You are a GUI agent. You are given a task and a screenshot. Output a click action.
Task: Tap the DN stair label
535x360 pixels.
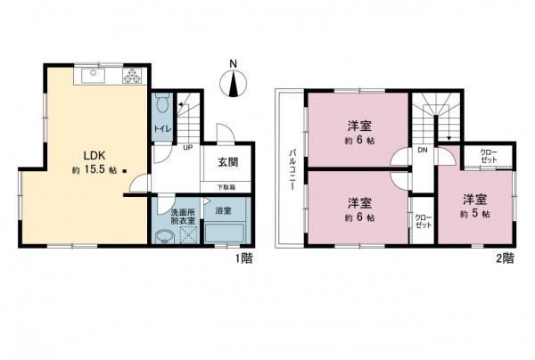point(423,151)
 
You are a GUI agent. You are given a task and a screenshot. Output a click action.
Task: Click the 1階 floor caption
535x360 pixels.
point(243,258)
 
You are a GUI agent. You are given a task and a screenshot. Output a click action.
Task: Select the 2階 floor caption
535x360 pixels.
point(503,258)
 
